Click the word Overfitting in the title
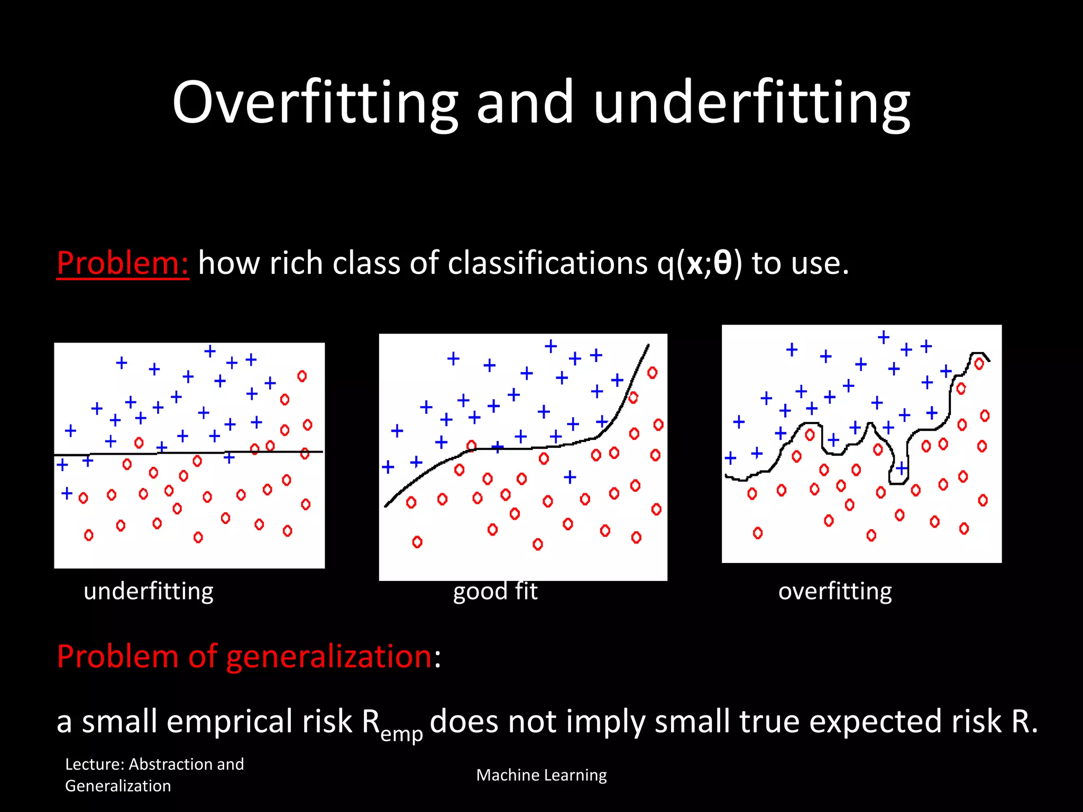click(315, 103)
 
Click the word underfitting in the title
click(751, 103)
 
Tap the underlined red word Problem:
click(123, 263)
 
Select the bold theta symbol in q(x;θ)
click(722, 263)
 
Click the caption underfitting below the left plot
click(149, 591)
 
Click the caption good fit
click(495, 591)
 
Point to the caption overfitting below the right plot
click(835, 591)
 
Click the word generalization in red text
click(329, 656)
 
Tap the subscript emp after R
click(402, 734)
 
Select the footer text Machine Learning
click(541, 775)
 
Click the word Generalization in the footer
click(118, 786)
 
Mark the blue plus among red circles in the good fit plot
click(570, 477)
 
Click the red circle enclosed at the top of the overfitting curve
click(979, 364)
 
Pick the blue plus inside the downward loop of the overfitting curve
click(902, 468)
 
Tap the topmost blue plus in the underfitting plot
click(210, 351)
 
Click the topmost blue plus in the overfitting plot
click(884, 337)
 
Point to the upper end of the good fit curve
click(648, 346)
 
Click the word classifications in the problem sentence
click(547, 263)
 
